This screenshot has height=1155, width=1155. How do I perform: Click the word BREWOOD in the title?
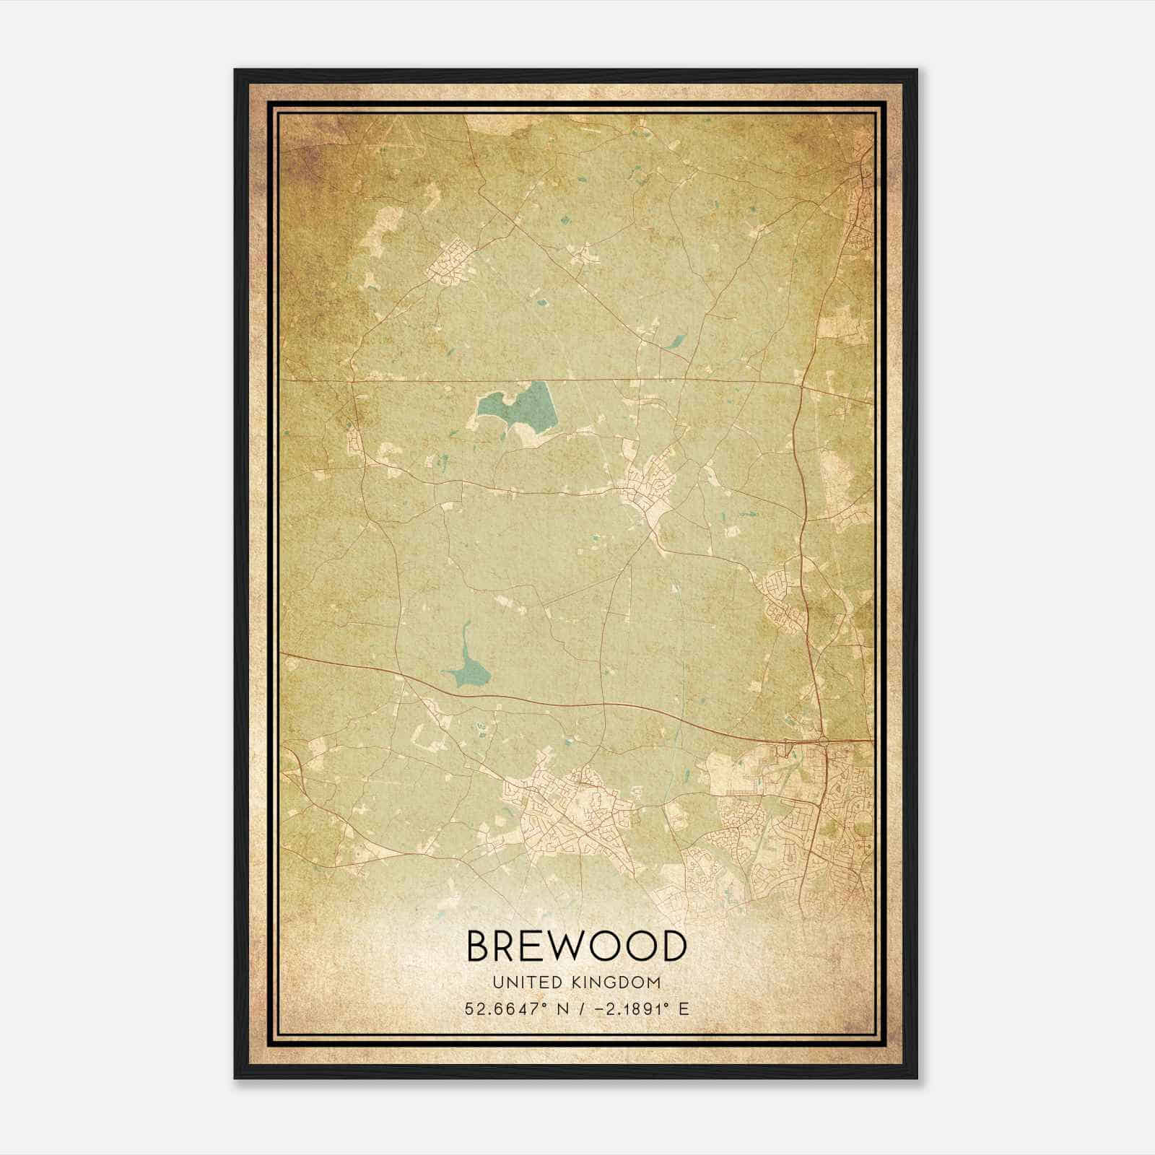point(577,946)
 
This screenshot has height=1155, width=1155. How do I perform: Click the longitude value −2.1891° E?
point(640,1008)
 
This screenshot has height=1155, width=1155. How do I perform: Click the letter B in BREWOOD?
point(481,946)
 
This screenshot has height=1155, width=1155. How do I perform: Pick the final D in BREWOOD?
point(672,946)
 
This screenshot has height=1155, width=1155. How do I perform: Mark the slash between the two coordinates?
point(580,1008)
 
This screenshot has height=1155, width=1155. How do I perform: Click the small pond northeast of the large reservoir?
point(679,341)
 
